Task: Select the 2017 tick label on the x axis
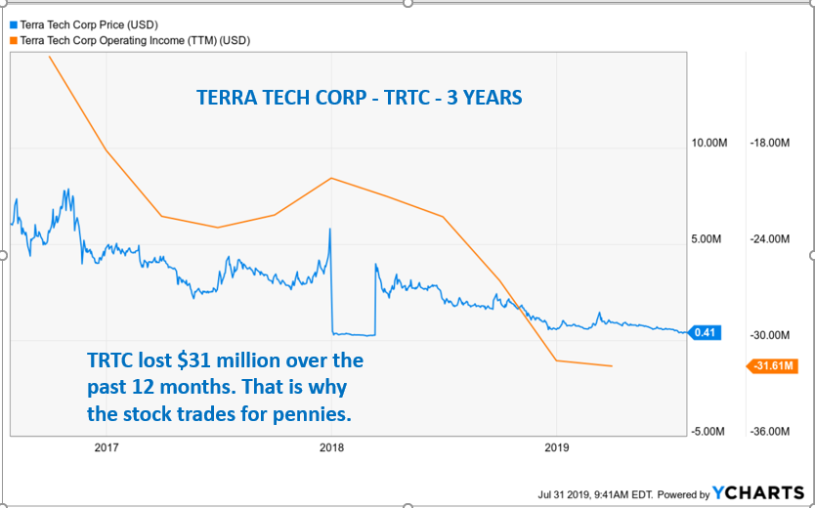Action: click(106, 448)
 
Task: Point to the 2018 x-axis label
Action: click(331, 448)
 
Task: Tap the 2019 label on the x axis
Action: click(556, 448)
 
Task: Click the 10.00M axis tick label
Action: click(709, 143)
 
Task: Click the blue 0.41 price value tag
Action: click(703, 332)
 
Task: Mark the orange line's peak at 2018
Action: click(332, 178)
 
